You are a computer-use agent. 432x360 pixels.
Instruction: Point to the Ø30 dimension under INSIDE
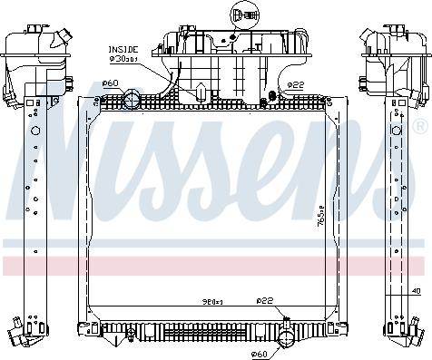124,59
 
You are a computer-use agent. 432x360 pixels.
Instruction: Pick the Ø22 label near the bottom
264,301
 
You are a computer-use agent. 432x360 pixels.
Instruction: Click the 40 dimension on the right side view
415,291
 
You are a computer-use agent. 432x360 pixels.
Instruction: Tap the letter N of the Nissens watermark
73,172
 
